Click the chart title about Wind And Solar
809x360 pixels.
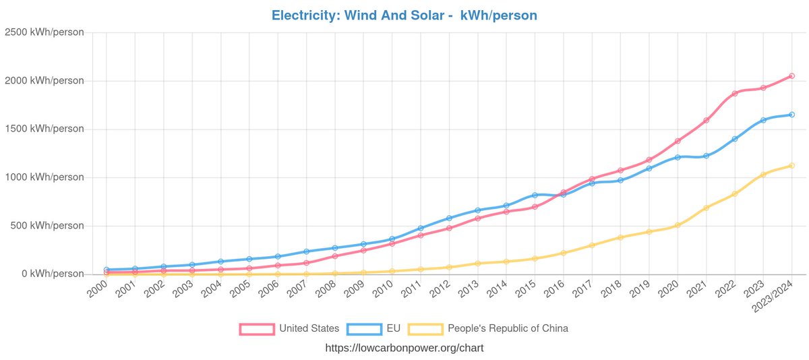(404, 15)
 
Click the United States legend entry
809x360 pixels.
(290, 328)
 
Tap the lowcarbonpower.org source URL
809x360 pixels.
(404, 348)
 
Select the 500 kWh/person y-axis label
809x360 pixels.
(47, 226)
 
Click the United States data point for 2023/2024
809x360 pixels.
(791, 76)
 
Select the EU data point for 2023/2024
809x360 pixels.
(791, 115)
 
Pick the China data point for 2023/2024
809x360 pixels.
(791, 165)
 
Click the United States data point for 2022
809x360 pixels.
(734, 93)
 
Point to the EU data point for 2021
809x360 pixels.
(706, 156)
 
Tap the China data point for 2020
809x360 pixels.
(678, 225)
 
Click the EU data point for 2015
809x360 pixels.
(535, 195)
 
